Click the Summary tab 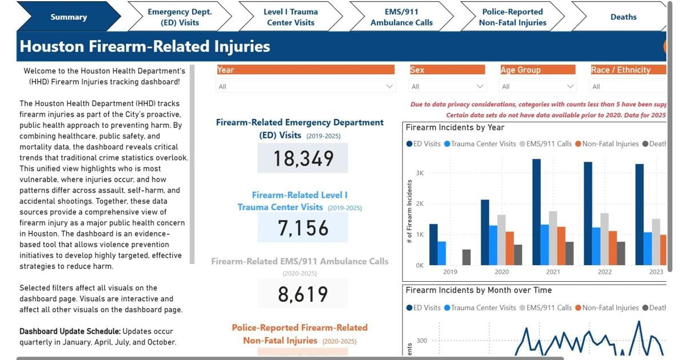pyautogui.click(x=68, y=17)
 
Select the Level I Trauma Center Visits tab pyautogui.click(x=290, y=17)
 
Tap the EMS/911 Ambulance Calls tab pyautogui.click(x=401, y=17)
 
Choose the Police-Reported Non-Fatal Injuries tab pyautogui.click(x=512, y=17)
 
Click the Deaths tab pyautogui.click(x=623, y=17)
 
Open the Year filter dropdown pyautogui.click(x=305, y=86)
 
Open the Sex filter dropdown pyautogui.click(x=447, y=86)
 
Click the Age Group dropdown pyautogui.click(x=537, y=86)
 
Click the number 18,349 pyautogui.click(x=302, y=158)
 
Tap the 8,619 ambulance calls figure pyautogui.click(x=302, y=294)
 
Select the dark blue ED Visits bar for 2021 pyautogui.click(x=536, y=212)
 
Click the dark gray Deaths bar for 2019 pyautogui.click(x=466, y=257)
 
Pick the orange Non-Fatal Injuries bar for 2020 pyautogui.click(x=509, y=248)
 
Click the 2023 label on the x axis pyautogui.click(x=656, y=272)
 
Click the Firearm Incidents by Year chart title pyautogui.click(x=455, y=127)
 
